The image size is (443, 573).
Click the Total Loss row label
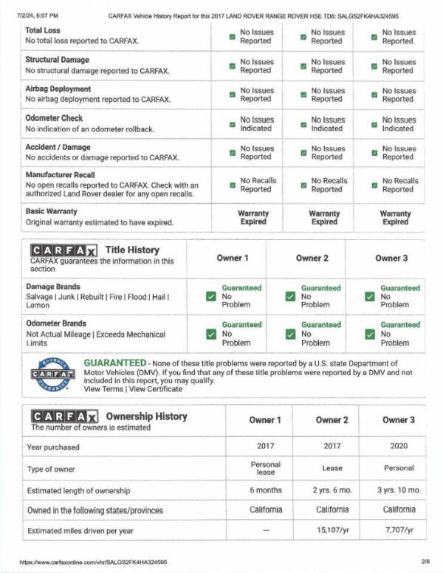[x=43, y=30]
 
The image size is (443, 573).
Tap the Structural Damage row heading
[x=57, y=60]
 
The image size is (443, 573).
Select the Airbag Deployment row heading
[x=58, y=89]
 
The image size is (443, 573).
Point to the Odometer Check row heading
[x=54, y=117]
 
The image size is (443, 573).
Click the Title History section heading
[x=131, y=250]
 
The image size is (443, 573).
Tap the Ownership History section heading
[x=146, y=416]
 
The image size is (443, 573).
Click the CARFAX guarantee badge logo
[x=50, y=374]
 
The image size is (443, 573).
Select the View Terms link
[x=103, y=389]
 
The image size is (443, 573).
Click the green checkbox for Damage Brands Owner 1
[x=211, y=296]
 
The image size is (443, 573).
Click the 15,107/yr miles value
[x=332, y=530]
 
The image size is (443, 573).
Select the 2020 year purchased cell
[x=398, y=446]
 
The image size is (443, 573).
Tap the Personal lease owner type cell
[x=266, y=468]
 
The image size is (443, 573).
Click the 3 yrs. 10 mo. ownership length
[x=398, y=490]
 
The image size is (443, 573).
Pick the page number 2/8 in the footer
[x=426, y=561]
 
